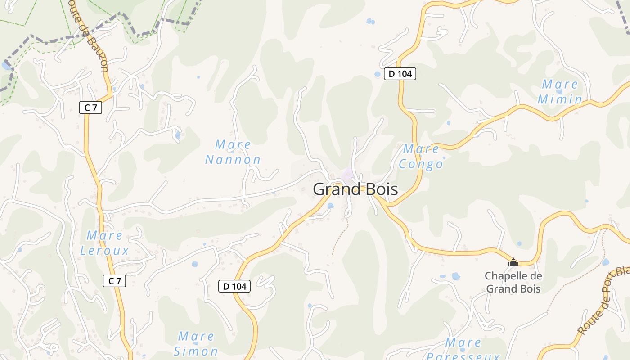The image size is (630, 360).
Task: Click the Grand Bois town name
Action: coord(355,189)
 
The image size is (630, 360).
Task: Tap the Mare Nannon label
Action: coord(233,152)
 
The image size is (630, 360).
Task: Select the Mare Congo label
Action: coord(421,156)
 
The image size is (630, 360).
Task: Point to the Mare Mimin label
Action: coord(560,91)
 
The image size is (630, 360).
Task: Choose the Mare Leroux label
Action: coord(104,243)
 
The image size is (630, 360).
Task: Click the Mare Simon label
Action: coord(196,343)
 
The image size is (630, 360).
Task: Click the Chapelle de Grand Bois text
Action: coord(513,282)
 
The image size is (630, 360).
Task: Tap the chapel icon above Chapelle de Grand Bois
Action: coord(513,262)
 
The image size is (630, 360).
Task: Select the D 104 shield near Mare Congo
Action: coord(400,74)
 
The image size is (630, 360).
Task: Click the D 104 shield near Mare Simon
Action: coord(234,286)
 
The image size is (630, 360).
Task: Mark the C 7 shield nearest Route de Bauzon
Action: coord(91,108)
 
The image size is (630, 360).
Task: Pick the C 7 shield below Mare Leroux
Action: coord(114,281)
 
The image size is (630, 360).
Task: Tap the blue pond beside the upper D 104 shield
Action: coord(378,74)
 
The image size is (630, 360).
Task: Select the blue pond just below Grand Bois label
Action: coord(331,206)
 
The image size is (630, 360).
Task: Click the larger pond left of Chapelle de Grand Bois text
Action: coord(456,276)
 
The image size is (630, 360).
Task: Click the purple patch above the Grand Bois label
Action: coord(348,174)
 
